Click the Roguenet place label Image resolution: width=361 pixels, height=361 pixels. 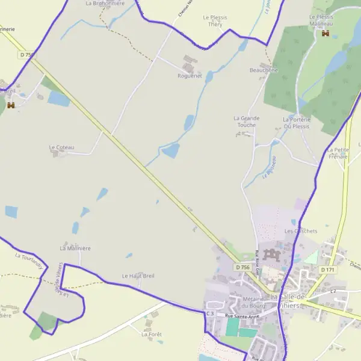(x=190, y=76)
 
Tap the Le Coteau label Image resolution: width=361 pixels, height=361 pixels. (x=61, y=147)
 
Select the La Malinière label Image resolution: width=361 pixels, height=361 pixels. (x=71, y=247)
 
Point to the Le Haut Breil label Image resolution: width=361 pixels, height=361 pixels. (x=138, y=276)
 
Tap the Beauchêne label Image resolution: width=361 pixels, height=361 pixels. (x=264, y=70)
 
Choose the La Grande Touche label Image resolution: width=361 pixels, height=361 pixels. (x=247, y=122)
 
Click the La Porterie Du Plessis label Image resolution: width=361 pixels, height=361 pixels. (x=296, y=123)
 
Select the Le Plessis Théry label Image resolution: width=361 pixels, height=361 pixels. (x=215, y=21)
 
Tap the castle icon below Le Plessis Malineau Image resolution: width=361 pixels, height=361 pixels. (x=326, y=34)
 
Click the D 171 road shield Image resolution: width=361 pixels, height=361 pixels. (x=327, y=270)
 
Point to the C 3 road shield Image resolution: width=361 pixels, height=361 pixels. (x=210, y=313)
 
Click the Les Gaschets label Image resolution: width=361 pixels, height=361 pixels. (x=300, y=231)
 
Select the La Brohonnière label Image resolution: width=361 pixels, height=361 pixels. (x=105, y=3)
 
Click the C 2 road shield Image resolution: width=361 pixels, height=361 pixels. (x=333, y=291)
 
